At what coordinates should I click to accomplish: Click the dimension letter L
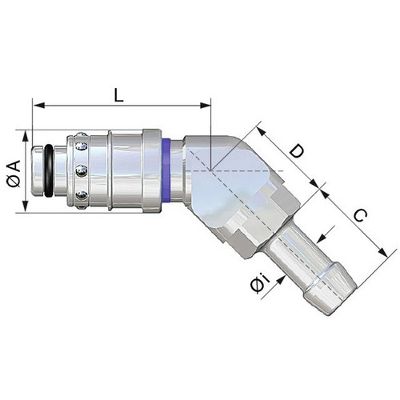click(118, 95)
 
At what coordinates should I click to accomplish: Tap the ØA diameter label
click(14, 174)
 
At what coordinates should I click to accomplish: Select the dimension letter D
click(297, 151)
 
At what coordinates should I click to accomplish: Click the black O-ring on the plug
click(49, 171)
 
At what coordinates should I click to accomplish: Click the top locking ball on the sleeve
click(82, 146)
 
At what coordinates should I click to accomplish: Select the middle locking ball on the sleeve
click(82, 171)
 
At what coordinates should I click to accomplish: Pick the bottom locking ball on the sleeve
click(82, 195)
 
